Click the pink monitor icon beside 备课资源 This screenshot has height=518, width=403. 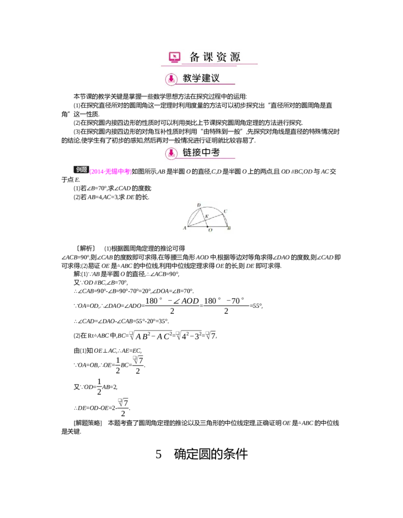tap(174, 57)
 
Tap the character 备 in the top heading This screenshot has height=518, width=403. tap(195, 57)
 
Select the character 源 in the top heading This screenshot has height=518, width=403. tap(235, 57)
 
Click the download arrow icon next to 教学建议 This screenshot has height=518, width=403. tap(171, 79)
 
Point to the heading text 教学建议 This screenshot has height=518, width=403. tap(201, 79)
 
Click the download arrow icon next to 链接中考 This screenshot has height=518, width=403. tap(171, 153)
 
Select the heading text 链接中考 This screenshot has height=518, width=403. tap(201, 153)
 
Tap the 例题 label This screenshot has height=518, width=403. tap(82, 170)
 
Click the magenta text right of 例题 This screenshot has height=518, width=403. tap(110, 172)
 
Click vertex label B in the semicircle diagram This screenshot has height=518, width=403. tap(230, 229)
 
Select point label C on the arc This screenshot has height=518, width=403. tap(225, 211)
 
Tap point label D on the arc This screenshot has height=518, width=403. tap(199, 205)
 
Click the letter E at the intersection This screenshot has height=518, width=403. tap(207, 217)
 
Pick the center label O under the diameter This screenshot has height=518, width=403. tap(210, 230)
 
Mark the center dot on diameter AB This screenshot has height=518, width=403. tap(208, 226)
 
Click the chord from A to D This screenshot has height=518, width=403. tap(193, 217)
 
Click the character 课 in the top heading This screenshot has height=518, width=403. tap(209, 57)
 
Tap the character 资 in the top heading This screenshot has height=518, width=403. tap(222, 57)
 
